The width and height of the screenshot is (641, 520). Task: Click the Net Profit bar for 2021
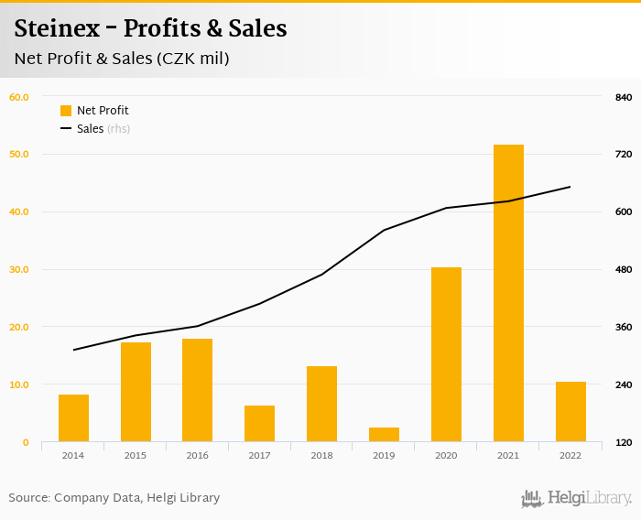pyautogui.click(x=508, y=293)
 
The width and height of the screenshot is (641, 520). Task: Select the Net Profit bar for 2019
pyautogui.click(x=384, y=435)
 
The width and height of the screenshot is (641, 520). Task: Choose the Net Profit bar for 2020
pyautogui.click(x=446, y=354)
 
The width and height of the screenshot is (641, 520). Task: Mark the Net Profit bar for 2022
pyautogui.click(x=570, y=412)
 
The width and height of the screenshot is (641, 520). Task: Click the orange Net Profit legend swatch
pyautogui.click(x=66, y=111)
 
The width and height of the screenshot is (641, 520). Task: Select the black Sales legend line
pyautogui.click(x=66, y=129)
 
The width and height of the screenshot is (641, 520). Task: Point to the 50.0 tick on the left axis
pyautogui.click(x=19, y=154)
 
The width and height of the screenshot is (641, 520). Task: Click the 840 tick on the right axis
pyautogui.click(x=624, y=97)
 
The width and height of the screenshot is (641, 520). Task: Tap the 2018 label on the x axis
pyautogui.click(x=321, y=455)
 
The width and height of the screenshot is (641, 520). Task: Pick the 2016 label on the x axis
pyautogui.click(x=197, y=455)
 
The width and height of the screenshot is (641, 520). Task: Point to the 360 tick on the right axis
pyautogui.click(x=624, y=327)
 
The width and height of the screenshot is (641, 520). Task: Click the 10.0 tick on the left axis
pyautogui.click(x=19, y=385)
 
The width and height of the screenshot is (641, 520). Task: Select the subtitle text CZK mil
pyautogui.click(x=192, y=59)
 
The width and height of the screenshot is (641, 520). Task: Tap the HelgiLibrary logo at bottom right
pyautogui.click(x=576, y=499)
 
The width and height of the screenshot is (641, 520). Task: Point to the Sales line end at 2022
pyautogui.click(x=570, y=187)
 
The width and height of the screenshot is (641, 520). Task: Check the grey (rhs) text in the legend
pyautogui.click(x=118, y=129)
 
